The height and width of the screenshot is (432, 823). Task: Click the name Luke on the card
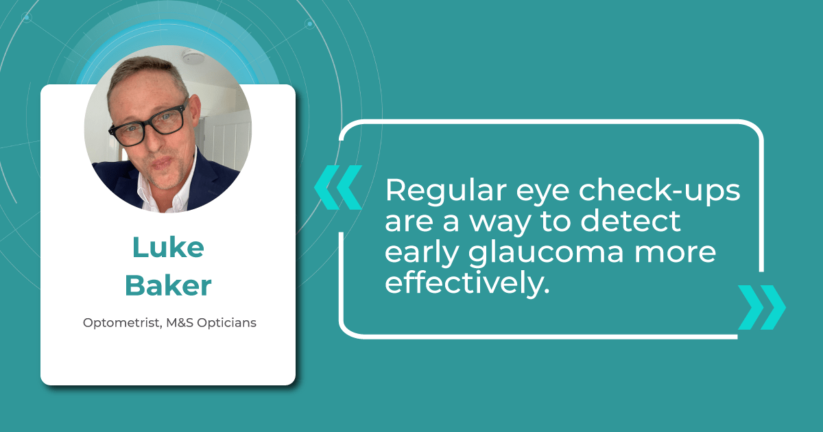click(167, 249)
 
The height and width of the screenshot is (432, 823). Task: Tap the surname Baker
click(168, 286)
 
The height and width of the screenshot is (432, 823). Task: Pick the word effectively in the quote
click(467, 283)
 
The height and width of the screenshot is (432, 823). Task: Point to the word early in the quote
click(418, 253)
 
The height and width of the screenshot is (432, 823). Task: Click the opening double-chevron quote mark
click(337, 187)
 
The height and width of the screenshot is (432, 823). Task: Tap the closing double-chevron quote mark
click(761, 307)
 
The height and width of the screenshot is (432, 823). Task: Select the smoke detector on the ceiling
click(193, 58)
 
